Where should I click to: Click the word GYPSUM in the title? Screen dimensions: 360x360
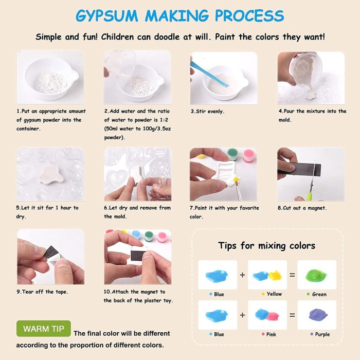click(x=107, y=15)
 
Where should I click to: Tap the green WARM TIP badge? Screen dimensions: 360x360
click(x=44, y=329)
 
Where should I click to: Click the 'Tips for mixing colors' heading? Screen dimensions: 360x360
click(x=266, y=246)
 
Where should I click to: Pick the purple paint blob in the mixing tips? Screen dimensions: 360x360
click(x=318, y=315)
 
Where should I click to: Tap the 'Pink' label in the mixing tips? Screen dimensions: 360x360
click(x=271, y=334)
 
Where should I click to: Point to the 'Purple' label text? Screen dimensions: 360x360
click(x=322, y=334)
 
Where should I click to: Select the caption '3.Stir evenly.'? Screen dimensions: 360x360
click(x=207, y=112)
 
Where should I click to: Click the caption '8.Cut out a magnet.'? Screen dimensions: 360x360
click(x=302, y=208)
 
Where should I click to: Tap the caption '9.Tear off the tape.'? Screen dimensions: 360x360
click(x=42, y=292)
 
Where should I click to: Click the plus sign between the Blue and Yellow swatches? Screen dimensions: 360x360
click(x=242, y=275)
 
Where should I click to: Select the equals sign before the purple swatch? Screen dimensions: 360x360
click(x=292, y=315)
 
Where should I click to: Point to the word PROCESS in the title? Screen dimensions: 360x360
click(x=249, y=15)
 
